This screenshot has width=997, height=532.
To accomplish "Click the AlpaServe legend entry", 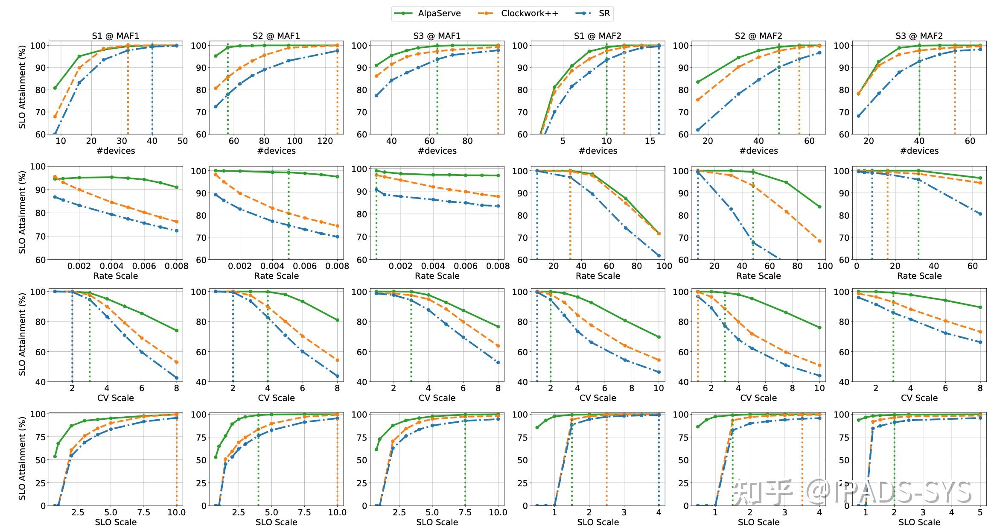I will point(439,13).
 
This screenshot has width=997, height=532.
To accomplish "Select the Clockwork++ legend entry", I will point(529,13).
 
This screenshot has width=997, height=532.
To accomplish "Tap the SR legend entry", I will point(604,13).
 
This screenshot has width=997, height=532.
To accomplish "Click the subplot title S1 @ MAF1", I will point(116,36).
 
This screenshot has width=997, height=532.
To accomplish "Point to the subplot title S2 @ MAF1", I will point(276,36).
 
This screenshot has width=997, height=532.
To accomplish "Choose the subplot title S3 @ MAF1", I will point(437,36).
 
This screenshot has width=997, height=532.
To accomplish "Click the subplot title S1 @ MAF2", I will point(598,36).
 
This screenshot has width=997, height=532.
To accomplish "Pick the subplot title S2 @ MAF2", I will point(758,36).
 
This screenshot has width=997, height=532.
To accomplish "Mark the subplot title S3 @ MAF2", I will point(919,36).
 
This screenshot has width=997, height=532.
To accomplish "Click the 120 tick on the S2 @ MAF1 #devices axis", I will point(325,141).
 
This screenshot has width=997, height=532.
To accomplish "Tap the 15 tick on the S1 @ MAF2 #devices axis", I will point(650,141).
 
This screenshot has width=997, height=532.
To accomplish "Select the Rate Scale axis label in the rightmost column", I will point(919,276).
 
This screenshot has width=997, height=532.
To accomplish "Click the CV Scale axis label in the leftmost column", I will point(116,398).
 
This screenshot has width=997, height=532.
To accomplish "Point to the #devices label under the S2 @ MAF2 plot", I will point(758,151).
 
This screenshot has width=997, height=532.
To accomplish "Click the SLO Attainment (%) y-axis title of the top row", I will point(22,87).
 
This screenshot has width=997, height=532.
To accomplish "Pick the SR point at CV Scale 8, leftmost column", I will point(177,378).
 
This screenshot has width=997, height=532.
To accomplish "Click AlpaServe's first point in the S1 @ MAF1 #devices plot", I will point(55,88).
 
